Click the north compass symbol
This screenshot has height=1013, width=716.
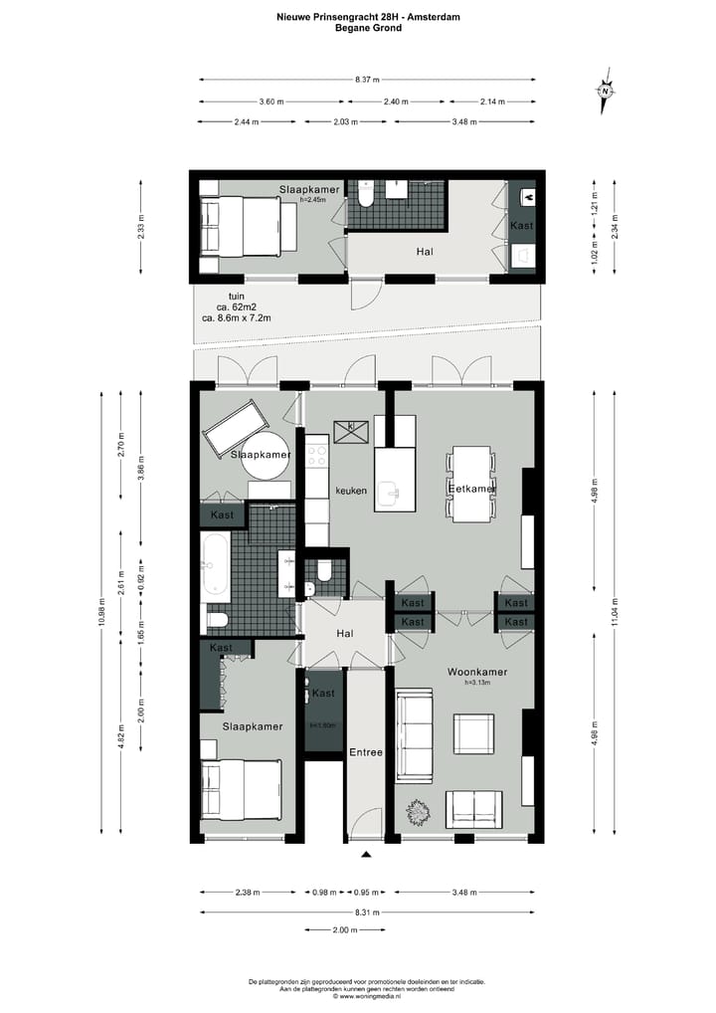click(x=605, y=91)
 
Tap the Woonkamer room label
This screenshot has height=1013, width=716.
click(x=477, y=672)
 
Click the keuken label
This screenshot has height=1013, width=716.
click(x=352, y=491)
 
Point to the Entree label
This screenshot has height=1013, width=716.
click(x=365, y=752)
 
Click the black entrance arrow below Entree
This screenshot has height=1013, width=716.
click(x=366, y=854)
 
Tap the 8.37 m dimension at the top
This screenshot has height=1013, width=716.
click(x=368, y=80)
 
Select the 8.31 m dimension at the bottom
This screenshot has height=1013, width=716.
click(x=368, y=912)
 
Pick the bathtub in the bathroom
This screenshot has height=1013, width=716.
click(x=216, y=567)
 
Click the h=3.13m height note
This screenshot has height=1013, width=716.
click(x=478, y=683)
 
